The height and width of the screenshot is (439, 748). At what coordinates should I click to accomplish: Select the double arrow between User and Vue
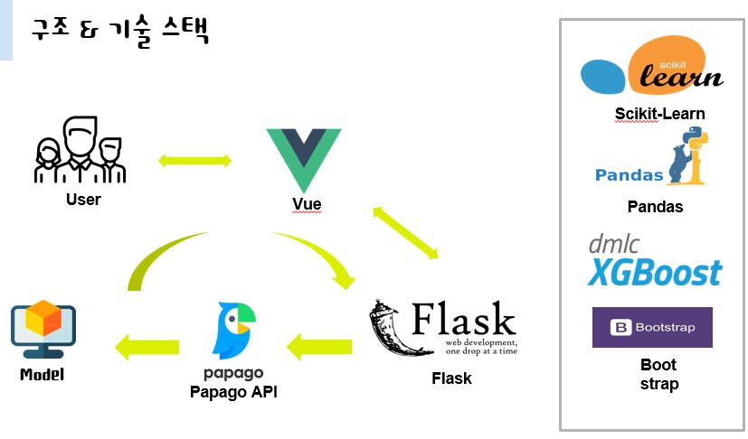click(x=194, y=161)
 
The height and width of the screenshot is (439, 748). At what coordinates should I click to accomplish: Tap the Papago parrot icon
click(x=235, y=330)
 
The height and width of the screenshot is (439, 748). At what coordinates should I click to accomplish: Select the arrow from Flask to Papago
click(x=319, y=344)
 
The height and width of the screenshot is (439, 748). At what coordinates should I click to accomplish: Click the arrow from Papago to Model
click(x=147, y=344)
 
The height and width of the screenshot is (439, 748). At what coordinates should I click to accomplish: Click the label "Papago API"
click(x=234, y=391)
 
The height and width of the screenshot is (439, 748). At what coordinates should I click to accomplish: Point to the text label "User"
click(x=83, y=199)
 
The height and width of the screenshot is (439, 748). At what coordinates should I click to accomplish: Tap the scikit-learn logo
click(x=652, y=70)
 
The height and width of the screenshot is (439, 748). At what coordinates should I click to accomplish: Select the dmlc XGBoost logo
click(x=654, y=261)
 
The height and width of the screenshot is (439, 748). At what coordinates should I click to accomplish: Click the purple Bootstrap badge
click(x=652, y=327)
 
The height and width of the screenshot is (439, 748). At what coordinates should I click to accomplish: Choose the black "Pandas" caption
click(x=655, y=207)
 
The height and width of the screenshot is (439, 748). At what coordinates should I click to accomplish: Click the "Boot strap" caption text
click(x=658, y=374)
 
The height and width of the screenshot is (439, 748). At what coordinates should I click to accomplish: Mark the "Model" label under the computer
click(x=43, y=374)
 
